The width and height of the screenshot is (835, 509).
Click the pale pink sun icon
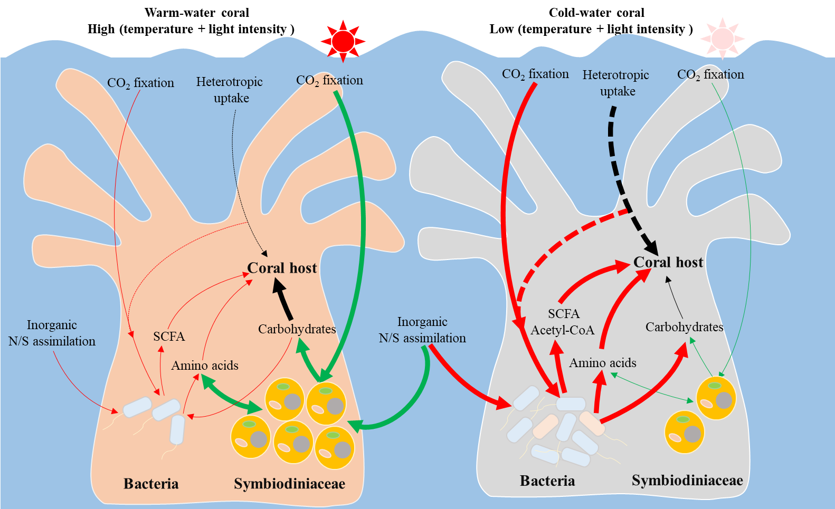tap(722, 38)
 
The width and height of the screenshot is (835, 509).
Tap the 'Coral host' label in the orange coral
tap(282, 268)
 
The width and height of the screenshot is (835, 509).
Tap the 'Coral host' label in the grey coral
tap(668, 262)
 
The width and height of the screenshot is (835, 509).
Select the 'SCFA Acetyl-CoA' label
tap(563, 322)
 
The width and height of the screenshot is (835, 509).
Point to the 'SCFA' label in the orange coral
tap(169, 337)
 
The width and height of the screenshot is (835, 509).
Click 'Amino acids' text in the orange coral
tap(205, 366)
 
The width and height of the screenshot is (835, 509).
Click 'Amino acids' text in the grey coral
tap(602, 363)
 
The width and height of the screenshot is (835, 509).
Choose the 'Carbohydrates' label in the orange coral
tap(297, 329)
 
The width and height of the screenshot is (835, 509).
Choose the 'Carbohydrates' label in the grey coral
tap(684, 327)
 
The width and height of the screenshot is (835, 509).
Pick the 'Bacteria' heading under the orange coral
tap(151, 484)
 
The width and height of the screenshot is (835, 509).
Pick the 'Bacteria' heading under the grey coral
tap(547, 481)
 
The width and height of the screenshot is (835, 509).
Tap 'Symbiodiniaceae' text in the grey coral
tap(687, 481)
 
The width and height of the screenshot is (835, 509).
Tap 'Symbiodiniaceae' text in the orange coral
tap(289, 484)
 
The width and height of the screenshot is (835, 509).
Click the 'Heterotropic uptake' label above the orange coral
tap(230, 90)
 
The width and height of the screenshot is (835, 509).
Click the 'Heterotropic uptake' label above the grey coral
tap(616, 83)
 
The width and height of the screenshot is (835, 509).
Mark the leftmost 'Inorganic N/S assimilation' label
tap(52, 333)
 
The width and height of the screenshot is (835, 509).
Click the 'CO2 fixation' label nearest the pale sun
tap(710, 74)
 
